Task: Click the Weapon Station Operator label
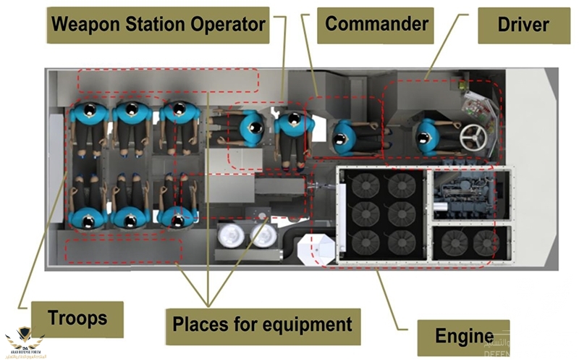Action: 158,25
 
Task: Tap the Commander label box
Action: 376,24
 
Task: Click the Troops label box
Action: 77,317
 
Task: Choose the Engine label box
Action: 464,337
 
